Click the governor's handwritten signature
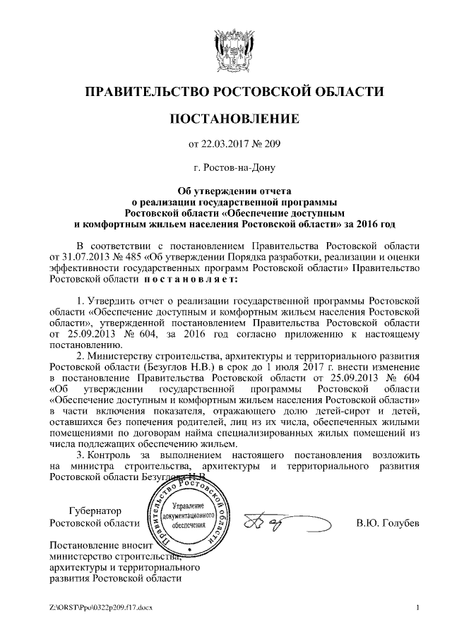286,522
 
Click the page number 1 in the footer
418,607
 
